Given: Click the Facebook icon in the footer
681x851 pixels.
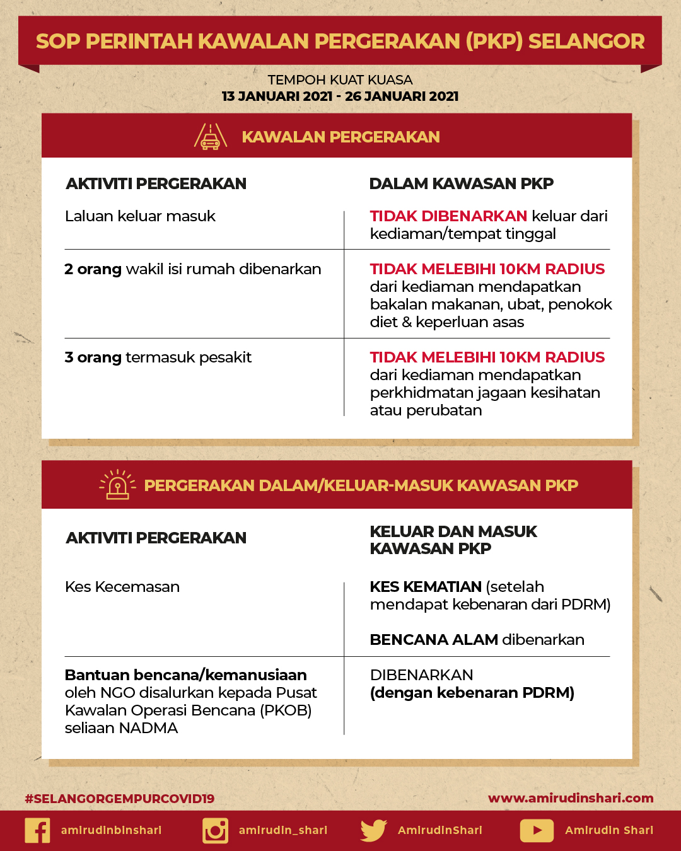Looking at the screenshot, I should [37, 830].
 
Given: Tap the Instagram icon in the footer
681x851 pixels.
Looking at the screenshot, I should [215, 830].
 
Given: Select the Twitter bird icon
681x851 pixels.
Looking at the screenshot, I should [373, 830].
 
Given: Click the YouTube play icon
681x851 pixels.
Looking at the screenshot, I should [537, 830].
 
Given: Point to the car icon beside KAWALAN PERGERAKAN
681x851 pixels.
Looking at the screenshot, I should [211, 137].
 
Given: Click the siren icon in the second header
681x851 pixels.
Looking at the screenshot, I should [118, 485].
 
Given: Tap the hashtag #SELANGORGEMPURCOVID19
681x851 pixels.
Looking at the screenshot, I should [120, 799].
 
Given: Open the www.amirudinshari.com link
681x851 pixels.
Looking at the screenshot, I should [571, 798].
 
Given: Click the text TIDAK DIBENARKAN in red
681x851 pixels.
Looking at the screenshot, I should [448, 216].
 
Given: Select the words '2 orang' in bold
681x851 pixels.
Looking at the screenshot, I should [93, 269].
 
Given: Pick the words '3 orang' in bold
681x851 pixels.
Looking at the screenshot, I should [93, 357].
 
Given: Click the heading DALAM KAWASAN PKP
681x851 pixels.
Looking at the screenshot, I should [461, 183].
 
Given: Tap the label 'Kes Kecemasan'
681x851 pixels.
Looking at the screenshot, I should [122, 587].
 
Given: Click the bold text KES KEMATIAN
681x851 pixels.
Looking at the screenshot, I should [426, 587].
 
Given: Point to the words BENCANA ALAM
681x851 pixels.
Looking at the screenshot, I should [434, 640].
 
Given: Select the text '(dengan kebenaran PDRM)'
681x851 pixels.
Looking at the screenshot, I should [472, 693].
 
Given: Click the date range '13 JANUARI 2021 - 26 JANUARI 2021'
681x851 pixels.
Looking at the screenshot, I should [340, 96].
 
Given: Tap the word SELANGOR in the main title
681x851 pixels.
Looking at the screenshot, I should [586, 41].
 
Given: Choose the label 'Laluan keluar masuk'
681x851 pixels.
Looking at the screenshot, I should [140, 216].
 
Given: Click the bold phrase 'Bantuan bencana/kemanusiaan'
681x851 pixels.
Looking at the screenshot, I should [185, 675].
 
